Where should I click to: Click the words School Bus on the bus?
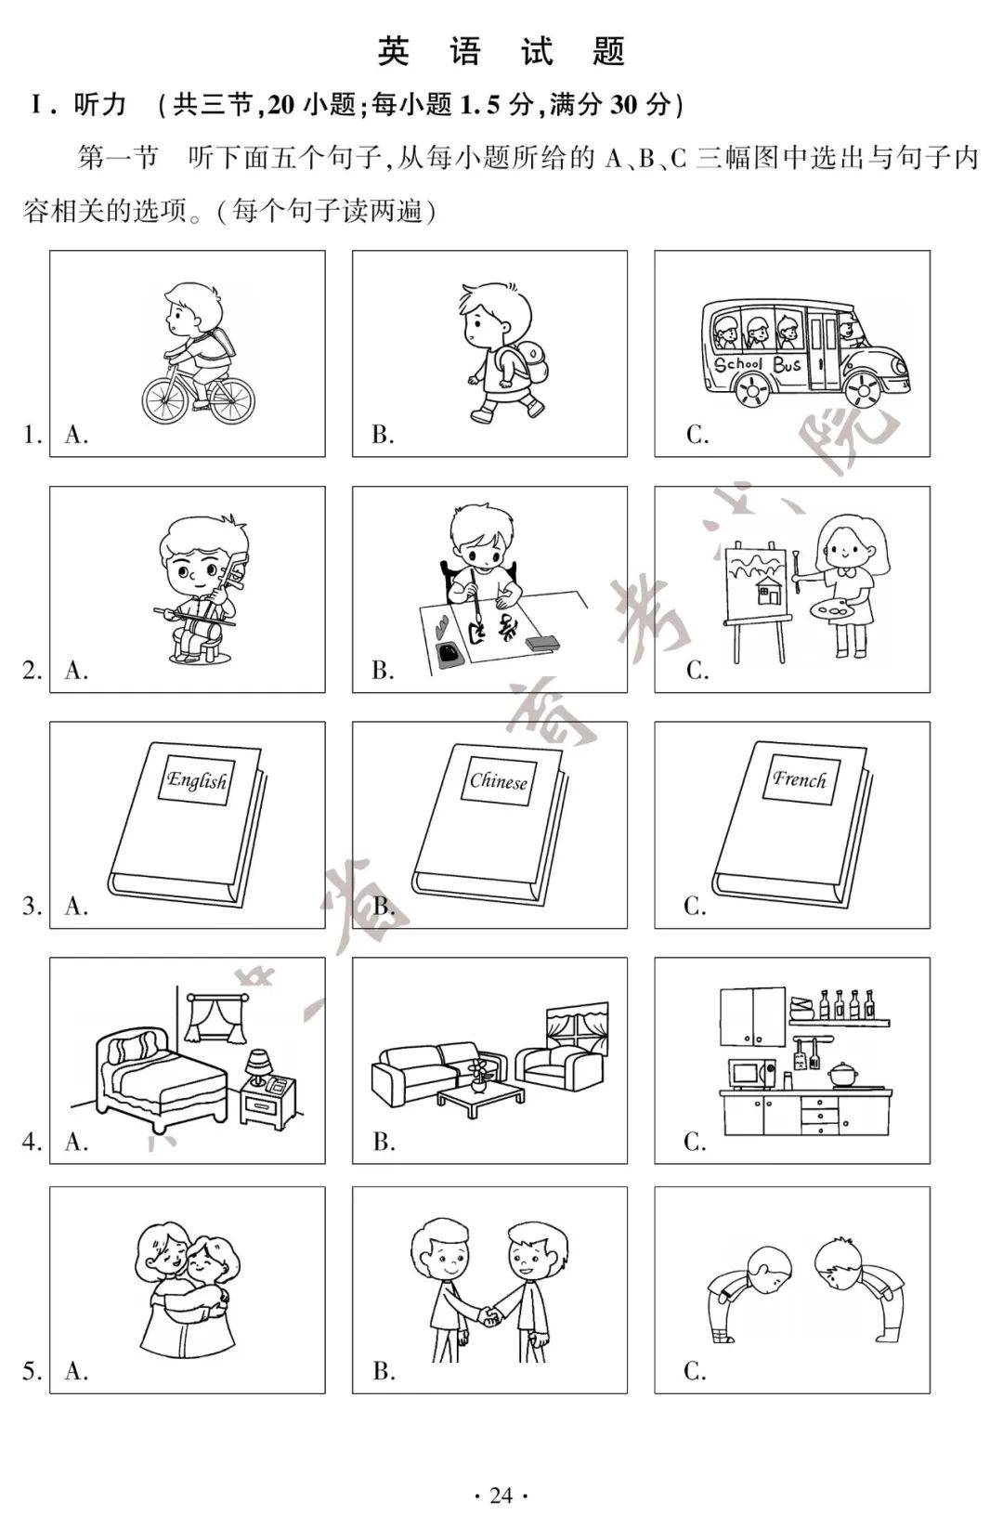click(x=757, y=363)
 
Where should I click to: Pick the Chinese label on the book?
click(x=499, y=781)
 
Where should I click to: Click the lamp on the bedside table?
click(x=257, y=1067)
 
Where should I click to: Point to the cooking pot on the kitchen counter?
click(x=845, y=1074)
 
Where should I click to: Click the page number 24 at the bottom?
click(x=501, y=1496)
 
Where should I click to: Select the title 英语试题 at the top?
click(x=501, y=50)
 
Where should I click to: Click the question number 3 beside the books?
click(x=32, y=906)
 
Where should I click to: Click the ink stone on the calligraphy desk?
click(x=449, y=653)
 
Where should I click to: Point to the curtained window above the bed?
click(x=212, y=1018)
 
